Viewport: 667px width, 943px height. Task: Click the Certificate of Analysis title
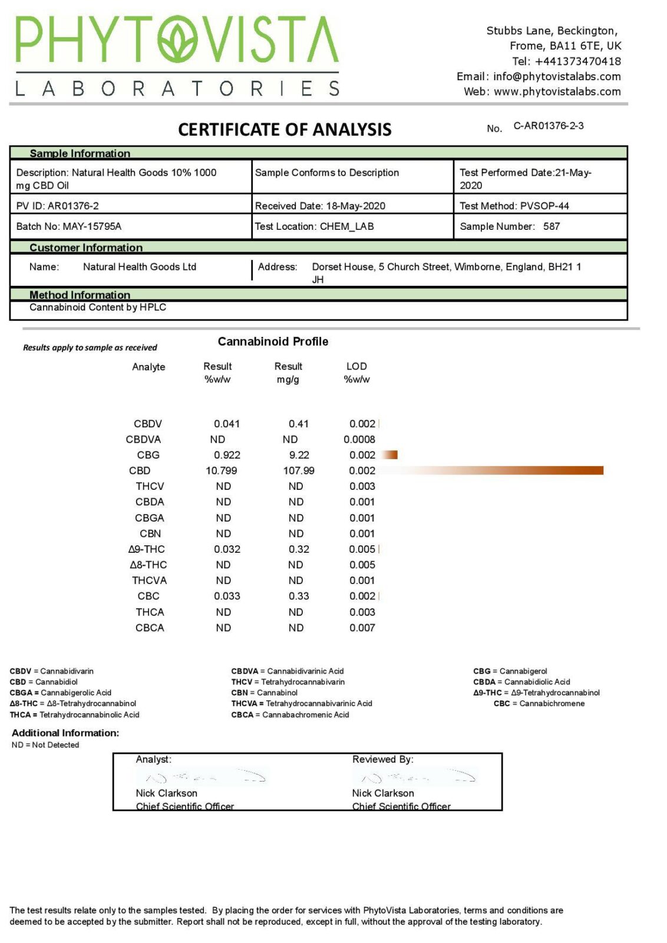point(285,130)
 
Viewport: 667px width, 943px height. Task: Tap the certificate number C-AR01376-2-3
point(548,126)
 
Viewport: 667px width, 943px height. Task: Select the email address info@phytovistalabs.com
point(557,76)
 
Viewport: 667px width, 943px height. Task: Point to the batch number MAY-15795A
point(92,226)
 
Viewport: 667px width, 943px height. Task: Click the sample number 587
point(552,226)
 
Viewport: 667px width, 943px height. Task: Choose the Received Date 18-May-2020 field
point(320,206)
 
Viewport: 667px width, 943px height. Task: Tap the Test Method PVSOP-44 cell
point(514,206)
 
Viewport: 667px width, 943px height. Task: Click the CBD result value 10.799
point(221,470)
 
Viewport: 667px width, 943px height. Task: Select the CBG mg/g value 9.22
point(299,455)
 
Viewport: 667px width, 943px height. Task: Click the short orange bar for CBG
point(389,454)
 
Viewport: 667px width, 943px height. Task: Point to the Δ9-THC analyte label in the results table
point(147,549)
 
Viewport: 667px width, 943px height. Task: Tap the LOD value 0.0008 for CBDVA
point(359,439)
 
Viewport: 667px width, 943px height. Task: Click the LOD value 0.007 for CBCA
point(362,628)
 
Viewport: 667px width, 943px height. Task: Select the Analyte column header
point(148,367)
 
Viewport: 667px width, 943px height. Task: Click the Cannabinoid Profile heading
point(273,341)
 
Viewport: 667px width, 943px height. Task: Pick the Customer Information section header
point(86,248)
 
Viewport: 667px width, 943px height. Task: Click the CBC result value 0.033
point(227,596)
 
